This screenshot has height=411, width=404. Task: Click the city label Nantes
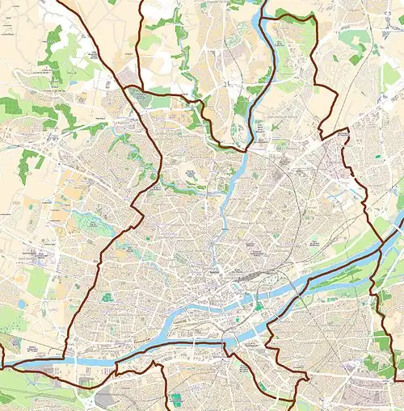point(214,275)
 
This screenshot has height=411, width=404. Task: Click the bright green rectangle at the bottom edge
point(175,400)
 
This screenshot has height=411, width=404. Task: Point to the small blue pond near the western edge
point(20,304)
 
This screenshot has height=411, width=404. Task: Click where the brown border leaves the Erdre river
point(246,149)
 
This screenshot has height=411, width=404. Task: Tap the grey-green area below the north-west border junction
point(145,101)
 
